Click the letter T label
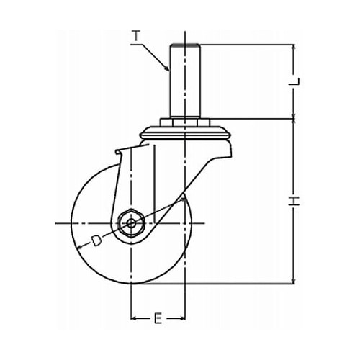coord(136,36)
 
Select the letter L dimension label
coord(294,81)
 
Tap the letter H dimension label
coord(294,201)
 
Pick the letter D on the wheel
coord(96,240)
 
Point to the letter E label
coord(158,318)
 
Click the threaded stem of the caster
coord(185,81)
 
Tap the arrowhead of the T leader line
coord(167,68)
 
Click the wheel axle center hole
coord(131,224)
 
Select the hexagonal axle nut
coord(131,224)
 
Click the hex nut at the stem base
coord(185,122)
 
